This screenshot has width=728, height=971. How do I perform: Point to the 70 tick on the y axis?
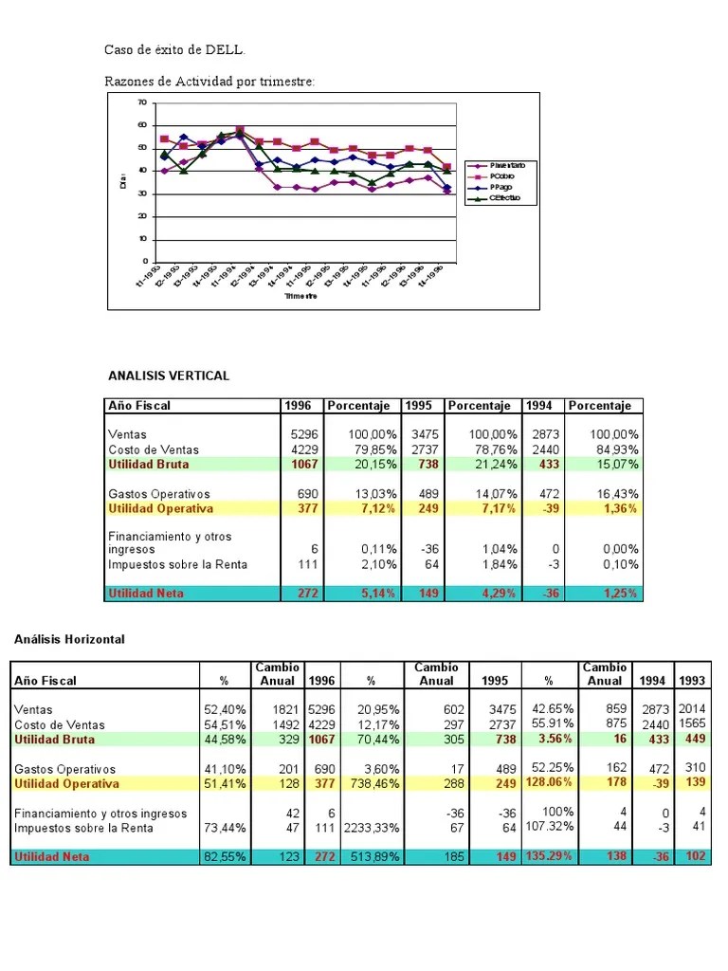(142, 102)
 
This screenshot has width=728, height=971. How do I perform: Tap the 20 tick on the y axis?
(142, 216)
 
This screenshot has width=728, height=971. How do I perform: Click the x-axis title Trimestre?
(300, 296)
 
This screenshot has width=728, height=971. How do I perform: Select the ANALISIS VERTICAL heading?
(169, 376)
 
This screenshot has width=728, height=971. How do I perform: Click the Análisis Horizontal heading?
(68, 639)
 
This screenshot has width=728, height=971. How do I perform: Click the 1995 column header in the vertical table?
(419, 406)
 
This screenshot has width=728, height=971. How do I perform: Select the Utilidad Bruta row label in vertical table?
(149, 465)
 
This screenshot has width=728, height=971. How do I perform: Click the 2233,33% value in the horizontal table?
(371, 828)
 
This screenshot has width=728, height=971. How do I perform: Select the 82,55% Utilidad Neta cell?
(225, 856)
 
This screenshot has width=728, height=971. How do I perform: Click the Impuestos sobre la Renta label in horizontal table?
(84, 828)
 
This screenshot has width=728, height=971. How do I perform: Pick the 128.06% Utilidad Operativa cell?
(549, 783)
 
